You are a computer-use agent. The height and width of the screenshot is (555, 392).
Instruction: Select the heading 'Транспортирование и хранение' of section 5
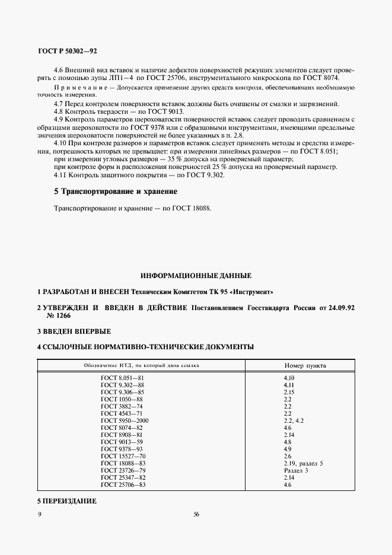point(116,192)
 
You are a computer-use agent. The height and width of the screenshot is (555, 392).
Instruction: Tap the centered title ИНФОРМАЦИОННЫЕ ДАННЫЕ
point(196,276)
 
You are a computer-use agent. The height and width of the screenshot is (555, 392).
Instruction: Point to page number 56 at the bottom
point(196,514)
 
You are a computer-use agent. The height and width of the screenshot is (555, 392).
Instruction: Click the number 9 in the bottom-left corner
point(40,514)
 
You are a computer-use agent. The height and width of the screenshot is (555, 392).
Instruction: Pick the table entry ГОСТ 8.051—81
point(123,377)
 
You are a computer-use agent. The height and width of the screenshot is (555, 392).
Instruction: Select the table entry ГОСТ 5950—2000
point(125,420)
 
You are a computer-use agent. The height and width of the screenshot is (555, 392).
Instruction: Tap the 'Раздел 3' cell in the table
point(297,470)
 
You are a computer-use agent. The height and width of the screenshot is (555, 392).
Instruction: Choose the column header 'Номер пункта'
point(305,365)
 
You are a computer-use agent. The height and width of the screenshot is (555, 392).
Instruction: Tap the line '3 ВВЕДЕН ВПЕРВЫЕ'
point(74,331)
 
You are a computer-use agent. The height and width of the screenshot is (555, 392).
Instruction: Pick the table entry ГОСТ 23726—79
point(123,470)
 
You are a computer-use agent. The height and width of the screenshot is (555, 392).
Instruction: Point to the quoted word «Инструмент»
point(253,293)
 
